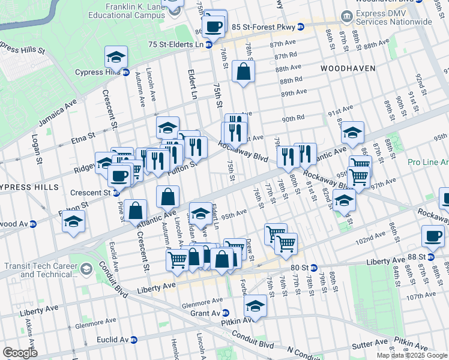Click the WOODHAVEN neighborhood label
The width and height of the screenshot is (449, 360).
point(348,68)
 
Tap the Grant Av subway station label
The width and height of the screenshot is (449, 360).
point(205,313)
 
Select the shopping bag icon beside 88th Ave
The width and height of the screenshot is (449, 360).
point(244,71)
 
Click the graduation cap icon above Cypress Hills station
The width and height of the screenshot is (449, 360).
point(116,58)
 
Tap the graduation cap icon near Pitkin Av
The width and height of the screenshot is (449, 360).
point(255,306)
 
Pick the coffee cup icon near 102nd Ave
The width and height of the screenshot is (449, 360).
point(433,235)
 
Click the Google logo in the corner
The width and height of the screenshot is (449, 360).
point(19,353)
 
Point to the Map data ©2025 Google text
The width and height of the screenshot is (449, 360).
point(412,355)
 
